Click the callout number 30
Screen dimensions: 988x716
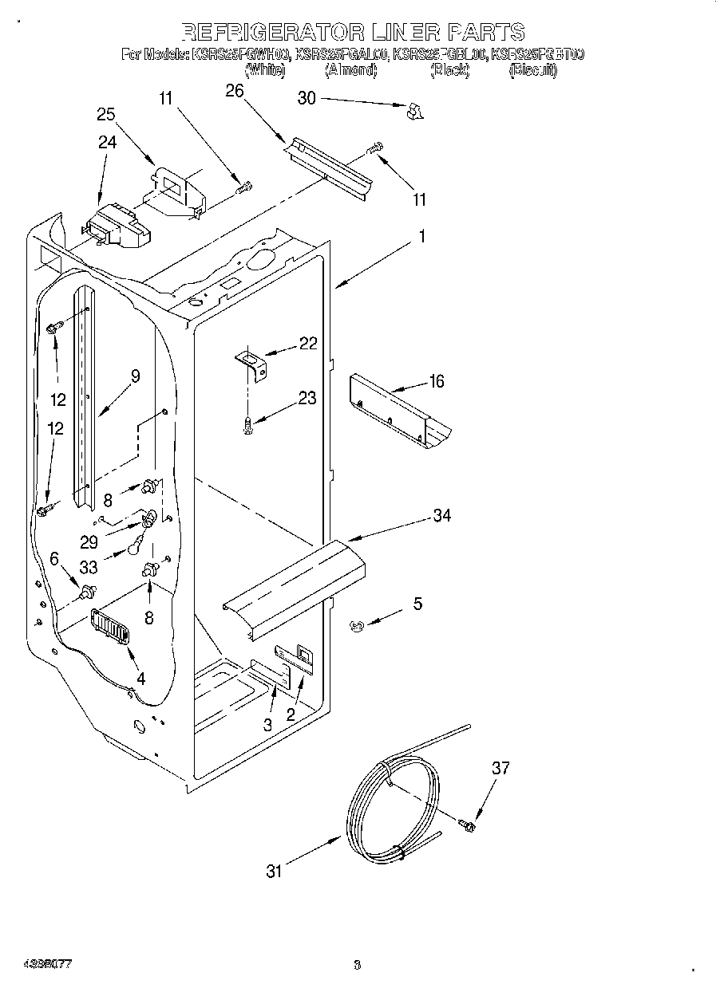tap(307, 98)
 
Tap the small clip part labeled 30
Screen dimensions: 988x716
tap(413, 112)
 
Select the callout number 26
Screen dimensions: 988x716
tap(234, 90)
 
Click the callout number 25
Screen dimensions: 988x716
tap(106, 114)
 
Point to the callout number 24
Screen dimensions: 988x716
tap(107, 143)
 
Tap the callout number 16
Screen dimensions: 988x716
tap(436, 381)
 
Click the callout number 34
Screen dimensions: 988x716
tap(441, 516)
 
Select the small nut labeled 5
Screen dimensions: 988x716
tap(357, 627)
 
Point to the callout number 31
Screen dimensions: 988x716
tap(275, 872)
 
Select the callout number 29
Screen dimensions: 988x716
tap(89, 542)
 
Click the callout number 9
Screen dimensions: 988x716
tap(135, 376)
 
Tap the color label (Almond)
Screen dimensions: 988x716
tap(350, 70)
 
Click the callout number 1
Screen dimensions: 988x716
tap(422, 237)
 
